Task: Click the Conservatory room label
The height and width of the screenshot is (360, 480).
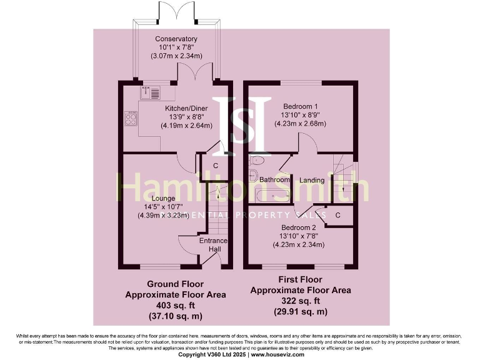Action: coord(176,39)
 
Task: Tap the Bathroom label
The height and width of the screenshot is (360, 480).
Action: coord(275,180)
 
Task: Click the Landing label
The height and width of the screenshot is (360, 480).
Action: coord(312,180)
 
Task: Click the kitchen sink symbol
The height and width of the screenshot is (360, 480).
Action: coord(151,93)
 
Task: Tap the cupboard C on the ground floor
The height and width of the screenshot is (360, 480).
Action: coord(215,166)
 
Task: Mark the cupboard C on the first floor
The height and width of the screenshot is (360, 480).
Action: coord(337,215)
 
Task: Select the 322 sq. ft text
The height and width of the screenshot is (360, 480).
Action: coord(301,301)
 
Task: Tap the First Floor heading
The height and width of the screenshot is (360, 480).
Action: coord(301,279)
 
